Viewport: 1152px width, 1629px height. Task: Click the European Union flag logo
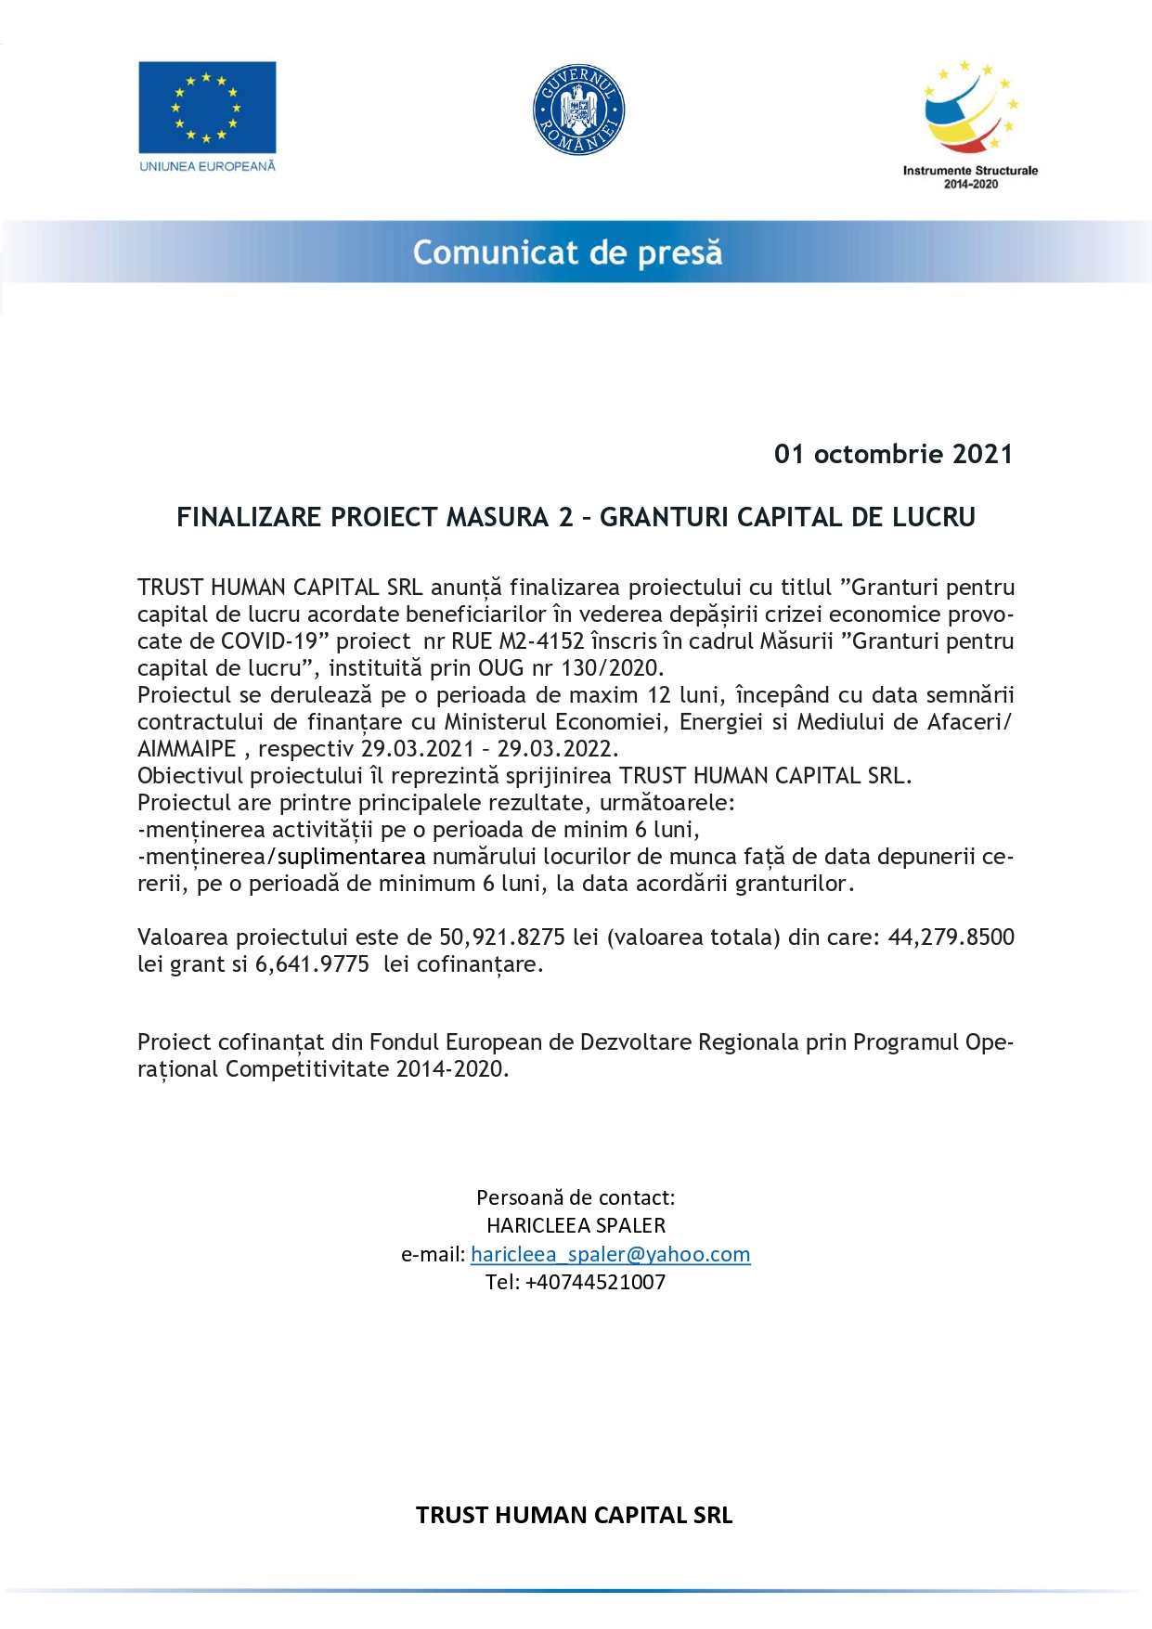tap(207, 107)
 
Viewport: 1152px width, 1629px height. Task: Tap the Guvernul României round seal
tap(578, 110)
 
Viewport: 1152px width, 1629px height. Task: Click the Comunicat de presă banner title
tap(567, 252)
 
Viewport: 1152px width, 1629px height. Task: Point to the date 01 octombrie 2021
tap(893, 454)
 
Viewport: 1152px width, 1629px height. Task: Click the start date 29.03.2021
tap(417, 749)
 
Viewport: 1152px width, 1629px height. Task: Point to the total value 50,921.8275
tap(501, 937)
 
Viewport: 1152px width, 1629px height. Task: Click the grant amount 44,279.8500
tap(951, 937)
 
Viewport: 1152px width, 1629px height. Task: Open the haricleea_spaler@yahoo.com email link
tap(610, 1254)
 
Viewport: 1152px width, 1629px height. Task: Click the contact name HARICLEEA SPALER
tap(576, 1225)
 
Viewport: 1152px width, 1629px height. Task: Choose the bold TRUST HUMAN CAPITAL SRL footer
tap(574, 1515)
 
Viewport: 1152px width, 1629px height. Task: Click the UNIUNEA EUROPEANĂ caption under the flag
tap(207, 166)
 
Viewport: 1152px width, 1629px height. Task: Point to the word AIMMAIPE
tap(187, 749)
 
